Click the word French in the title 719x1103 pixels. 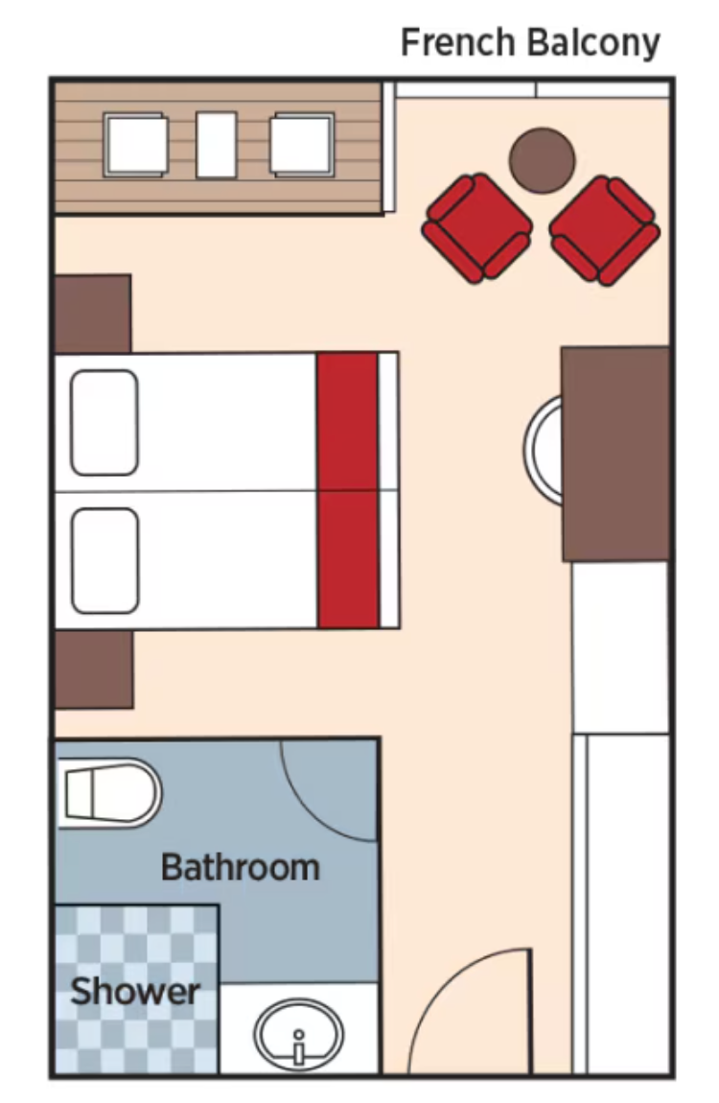(x=457, y=42)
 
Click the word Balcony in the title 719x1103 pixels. (x=594, y=44)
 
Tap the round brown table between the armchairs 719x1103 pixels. (x=542, y=159)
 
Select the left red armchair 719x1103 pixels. (x=476, y=228)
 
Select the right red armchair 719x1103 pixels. (x=604, y=230)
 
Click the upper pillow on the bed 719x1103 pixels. (x=104, y=422)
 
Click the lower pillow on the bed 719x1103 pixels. (x=104, y=561)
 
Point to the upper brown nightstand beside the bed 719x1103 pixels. (x=93, y=314)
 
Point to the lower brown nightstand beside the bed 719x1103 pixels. (x=94, y=669)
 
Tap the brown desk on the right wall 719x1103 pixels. (x=615, y=453)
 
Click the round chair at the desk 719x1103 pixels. (x=543, y=450)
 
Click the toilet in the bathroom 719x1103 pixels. (x=109, y=793)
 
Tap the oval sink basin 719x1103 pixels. (x=299, y=1035)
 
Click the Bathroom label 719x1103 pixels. (x=241, y=867)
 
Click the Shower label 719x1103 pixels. (x=135, y=991)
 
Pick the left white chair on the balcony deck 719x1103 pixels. (x=135, y=144)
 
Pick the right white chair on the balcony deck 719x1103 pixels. (x=302, y=144)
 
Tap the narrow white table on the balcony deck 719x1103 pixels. (x=217, y=145)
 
